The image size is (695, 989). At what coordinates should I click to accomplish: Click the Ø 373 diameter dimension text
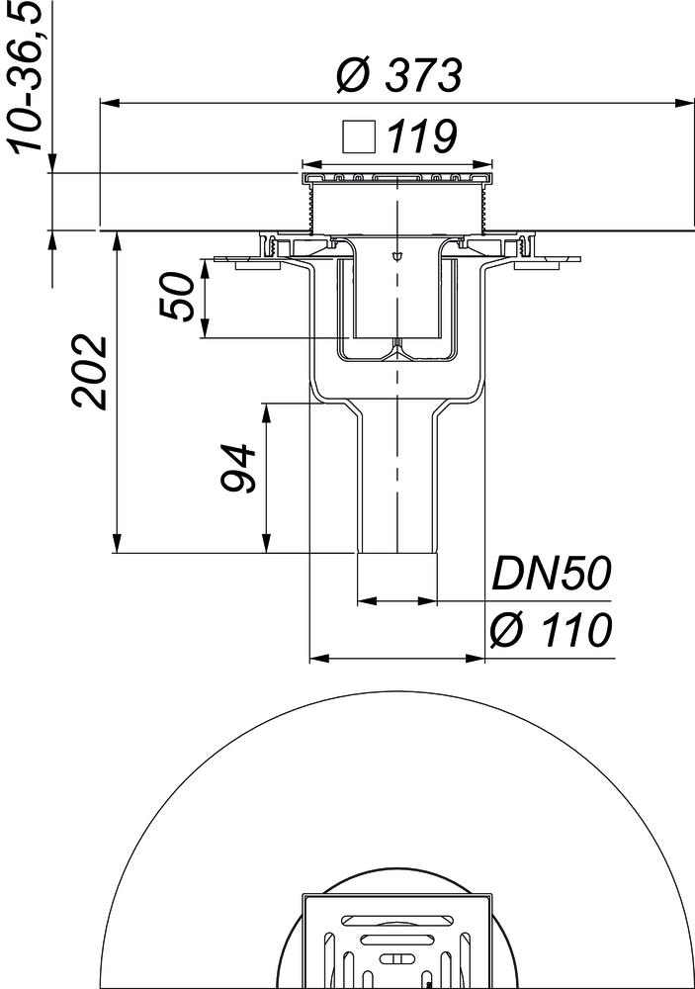pyautogui.click(x=398, y=75)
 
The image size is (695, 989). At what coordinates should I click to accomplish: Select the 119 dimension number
pyautogui.click(x=420, y=137)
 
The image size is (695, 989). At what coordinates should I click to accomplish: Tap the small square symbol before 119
pyautogui.click(x=358, y=136)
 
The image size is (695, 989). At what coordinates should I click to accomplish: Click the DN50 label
pyautogui.click(x=551, y=576)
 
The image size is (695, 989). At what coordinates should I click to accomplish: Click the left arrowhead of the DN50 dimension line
pyautogui.click(x=363, y=599)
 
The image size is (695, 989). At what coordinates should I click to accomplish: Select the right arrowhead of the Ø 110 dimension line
pyautogui.click(x=478, y=657)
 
